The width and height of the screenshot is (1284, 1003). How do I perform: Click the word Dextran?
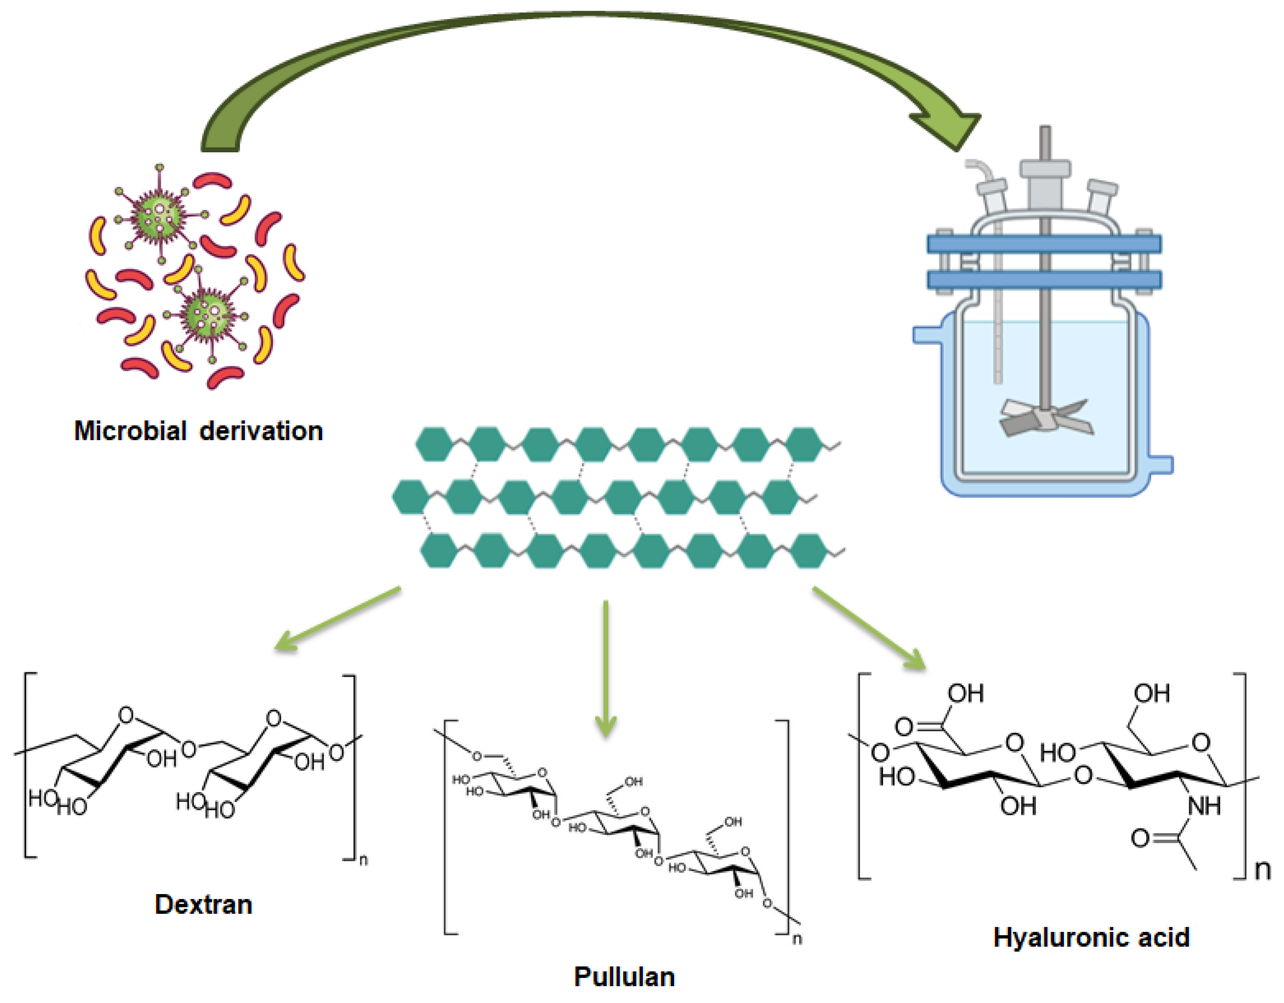(203, 904)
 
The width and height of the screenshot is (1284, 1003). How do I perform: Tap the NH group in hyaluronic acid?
(1204, 805)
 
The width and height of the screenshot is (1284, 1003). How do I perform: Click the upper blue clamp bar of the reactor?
(1044, 244)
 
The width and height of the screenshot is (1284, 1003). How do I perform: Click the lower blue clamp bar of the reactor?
(1044, 280)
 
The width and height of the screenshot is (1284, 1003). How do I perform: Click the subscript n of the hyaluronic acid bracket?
(1262, 870)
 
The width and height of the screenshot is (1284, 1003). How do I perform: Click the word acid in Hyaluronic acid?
(1164, 938)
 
